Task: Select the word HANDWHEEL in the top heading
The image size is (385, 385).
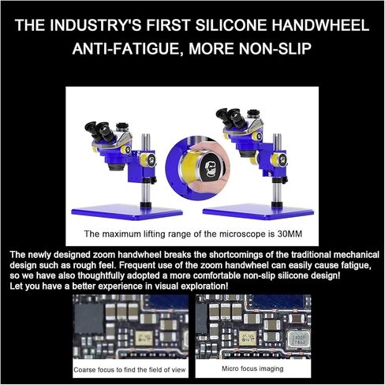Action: pyautogui.click(x=320, y=25)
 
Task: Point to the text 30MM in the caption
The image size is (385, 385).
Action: pyautogui.click(x=290, y=234)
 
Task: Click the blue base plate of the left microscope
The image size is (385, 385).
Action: pyautogui.click(x=127, y=211)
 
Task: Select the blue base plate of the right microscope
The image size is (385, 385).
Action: pyautogui.click(x=258, y=211)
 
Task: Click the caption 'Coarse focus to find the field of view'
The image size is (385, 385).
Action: pyautogui.click(x=129, y=370)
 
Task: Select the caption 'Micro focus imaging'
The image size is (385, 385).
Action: pyautogui.click(x=252, y=368)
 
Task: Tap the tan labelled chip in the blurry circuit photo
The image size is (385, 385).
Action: pyautogui.click(x=144, y=338)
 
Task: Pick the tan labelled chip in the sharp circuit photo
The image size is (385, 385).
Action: pyautogui.click(x=248, y=338)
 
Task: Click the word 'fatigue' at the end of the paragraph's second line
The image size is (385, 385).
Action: pyautogui.click(x=356, y=265)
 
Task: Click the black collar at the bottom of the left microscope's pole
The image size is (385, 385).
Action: pyautogui.click(x=146, y=205)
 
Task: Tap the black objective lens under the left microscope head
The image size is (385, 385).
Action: pyautogui.click(x=116, y=166)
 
